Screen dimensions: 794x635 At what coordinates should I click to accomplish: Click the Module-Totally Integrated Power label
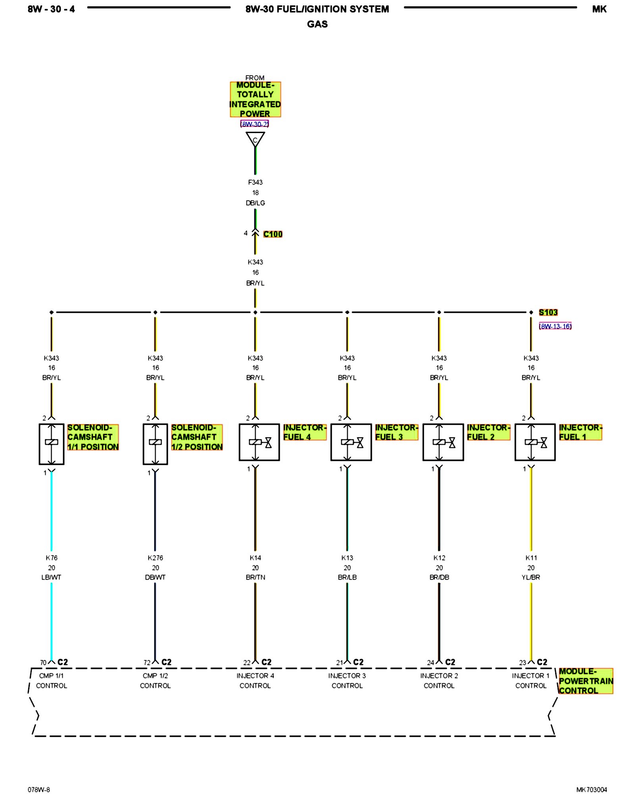(255, 99)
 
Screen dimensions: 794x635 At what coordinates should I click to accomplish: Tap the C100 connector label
(273, 234)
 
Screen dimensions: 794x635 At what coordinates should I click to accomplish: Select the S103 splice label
(548, 312)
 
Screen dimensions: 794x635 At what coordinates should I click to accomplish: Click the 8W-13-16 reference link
(555, 326)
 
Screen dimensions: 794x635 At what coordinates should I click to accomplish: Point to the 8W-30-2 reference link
(255, 124)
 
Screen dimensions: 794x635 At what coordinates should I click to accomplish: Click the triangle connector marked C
(255, 139)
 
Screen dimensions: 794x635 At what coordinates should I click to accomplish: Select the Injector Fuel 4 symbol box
(259, 442)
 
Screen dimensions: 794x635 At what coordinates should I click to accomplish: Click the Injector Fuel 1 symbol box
(535, 442)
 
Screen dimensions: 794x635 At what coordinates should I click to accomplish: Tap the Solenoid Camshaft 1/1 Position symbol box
(52, 444)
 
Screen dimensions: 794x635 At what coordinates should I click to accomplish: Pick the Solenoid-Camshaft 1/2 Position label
(197, 437)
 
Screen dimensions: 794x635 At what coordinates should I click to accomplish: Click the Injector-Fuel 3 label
(396, 432)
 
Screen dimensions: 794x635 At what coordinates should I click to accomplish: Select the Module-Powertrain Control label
(586, 681)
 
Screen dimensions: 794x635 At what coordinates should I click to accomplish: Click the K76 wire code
(52, 558)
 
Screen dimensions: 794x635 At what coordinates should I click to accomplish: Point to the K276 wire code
(155, 558)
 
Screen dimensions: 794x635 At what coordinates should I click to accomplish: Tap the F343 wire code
(255, 182)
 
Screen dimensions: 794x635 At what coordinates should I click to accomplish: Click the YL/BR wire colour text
(531, 577)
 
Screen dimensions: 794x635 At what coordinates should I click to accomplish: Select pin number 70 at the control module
(43, 663)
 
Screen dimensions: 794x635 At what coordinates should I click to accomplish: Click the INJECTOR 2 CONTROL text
(439, 680)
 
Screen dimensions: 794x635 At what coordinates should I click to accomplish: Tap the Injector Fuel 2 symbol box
(443, 442)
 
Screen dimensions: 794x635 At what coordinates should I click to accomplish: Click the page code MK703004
(591, 790)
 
